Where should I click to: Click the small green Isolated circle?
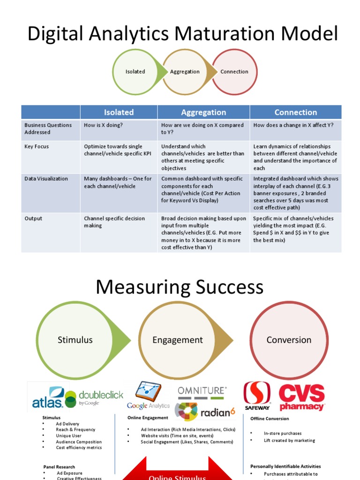click(x=135, y=72)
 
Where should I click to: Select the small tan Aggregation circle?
click(x=185, y=72)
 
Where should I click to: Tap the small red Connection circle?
click(x=234, y=72)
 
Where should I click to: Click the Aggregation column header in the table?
click(x=203, y=112)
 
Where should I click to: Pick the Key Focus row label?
click(x=37, y=147)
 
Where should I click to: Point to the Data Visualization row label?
click(x=46, y=179)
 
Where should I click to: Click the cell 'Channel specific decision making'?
click(x=114, y=222)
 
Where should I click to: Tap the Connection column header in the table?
click(x=295, y=112)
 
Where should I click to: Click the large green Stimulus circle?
click(x=75, y=340)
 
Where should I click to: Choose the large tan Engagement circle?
click(x=178, y=340)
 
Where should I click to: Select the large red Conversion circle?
click(x=289, y=340)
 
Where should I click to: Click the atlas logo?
click(x=47, y=397)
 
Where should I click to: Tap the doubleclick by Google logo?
click(x=95, y=398)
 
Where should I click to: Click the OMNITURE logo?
click(x=202, y=390)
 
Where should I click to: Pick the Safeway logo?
click(x=257, y=396)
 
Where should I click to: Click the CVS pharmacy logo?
click(x=302, y=397)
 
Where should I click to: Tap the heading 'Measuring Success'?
click(x=180, y=287)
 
